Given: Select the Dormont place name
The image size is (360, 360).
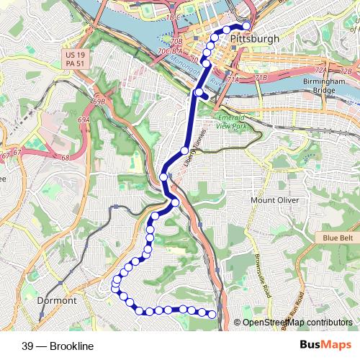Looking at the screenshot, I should coord(56,300).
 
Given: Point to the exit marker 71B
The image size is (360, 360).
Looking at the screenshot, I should coord(261,76).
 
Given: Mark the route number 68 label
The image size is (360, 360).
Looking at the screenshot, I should coord(65,158).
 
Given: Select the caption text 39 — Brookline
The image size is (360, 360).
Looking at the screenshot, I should coord(58,346).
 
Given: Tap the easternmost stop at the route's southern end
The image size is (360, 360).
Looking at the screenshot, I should coord(212,313).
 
